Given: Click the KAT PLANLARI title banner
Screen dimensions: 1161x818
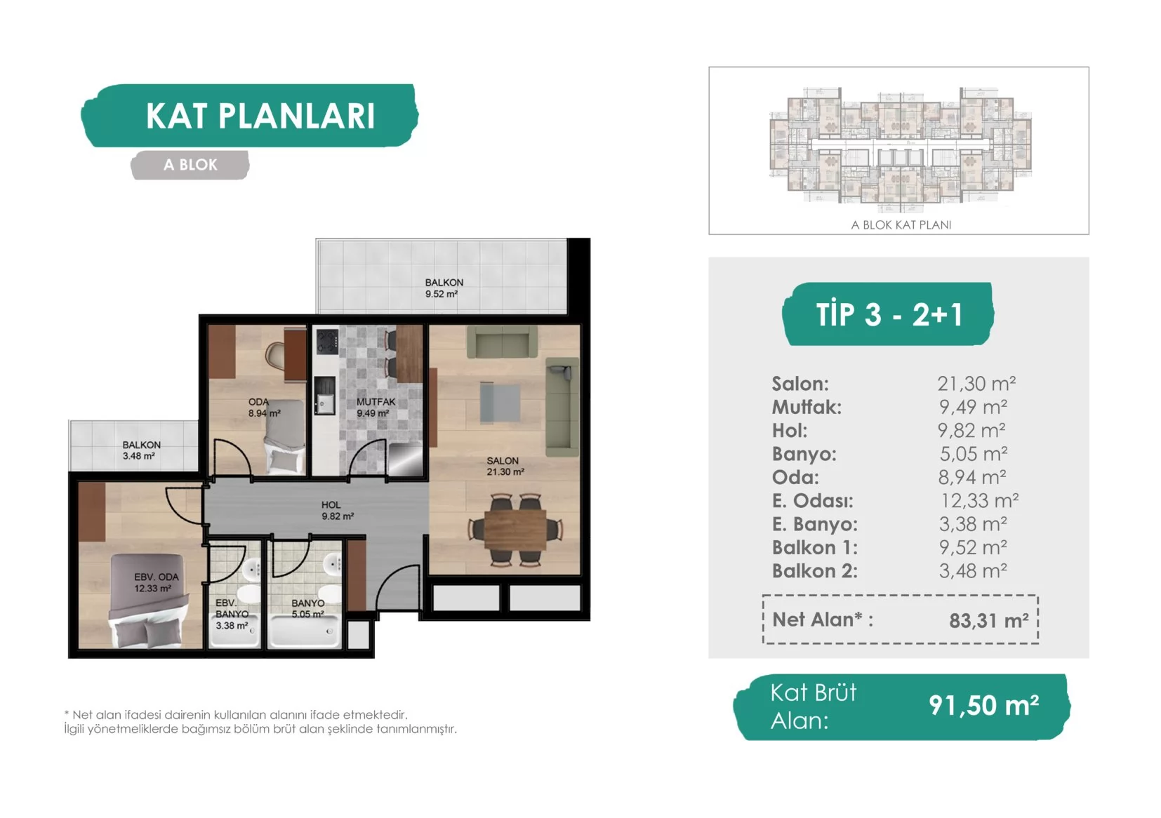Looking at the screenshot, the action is pos(250,116).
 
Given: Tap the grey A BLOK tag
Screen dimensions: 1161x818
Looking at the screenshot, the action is pos(190,165).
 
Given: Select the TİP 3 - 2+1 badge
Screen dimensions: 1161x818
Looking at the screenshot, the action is pos(889,314).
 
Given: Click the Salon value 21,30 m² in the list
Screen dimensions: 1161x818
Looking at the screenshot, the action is pos(976,384).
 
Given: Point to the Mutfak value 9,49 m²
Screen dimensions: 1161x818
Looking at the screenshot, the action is pos(973,407).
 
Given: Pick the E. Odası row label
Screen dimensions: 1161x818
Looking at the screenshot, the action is pos(812,501).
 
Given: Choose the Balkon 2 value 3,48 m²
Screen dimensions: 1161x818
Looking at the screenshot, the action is pos(973,571).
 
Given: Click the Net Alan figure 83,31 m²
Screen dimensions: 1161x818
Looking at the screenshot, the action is pos(989,620).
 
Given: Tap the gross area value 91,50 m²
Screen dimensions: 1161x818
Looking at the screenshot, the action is pos(983,706).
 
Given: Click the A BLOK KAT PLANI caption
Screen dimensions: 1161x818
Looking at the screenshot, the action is pos(901,224).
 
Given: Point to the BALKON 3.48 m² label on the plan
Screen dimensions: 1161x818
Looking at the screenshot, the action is pos(141,450).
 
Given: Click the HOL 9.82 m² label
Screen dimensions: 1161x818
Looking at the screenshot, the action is pos(337,510).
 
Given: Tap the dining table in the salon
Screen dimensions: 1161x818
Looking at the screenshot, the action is pos(515,529).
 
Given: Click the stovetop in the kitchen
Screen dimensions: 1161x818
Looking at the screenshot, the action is pos(327,342).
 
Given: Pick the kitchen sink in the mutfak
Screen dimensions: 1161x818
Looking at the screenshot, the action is pos(325,403).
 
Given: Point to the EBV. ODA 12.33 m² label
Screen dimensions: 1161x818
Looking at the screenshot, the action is pos(156,583).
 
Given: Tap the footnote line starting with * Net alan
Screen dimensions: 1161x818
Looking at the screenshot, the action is pos(236,714).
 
